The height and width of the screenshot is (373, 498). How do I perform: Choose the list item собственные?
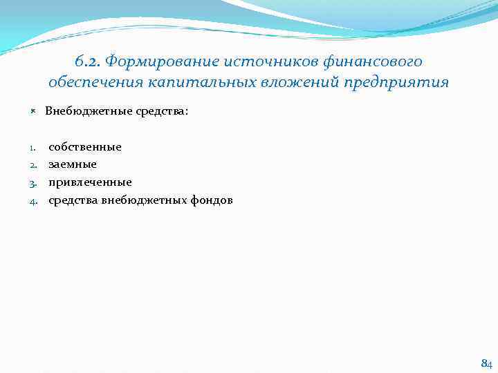(84, 146)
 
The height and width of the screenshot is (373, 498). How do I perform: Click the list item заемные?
(72, 164)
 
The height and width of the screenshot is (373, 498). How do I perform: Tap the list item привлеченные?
(89, 182)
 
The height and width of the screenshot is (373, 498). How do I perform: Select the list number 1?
(33, 147)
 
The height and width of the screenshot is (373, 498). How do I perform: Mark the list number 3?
(33, 183)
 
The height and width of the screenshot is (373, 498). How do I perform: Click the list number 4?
(33, 201)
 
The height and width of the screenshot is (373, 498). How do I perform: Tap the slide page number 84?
(486, 363)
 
